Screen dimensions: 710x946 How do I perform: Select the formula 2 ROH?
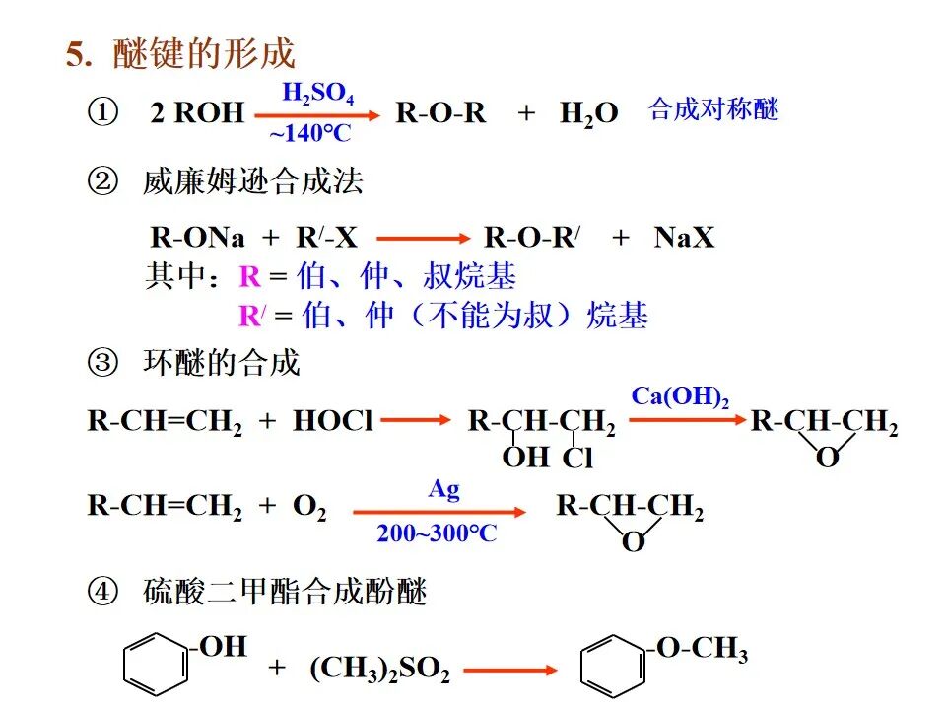click(x=197, y=113)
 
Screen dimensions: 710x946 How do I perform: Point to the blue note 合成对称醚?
click(x=713, y=109)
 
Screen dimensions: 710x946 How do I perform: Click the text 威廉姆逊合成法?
click(x=252, y=181)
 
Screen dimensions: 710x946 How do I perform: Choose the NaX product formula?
click(x=684, y=238)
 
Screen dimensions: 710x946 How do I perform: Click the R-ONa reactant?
click(x=198, y=238)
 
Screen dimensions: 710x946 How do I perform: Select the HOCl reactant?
click(x=333, y=423)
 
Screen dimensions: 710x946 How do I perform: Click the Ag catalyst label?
click(x=443, y=490)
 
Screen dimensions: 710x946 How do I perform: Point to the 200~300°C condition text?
click(x=437, y=533)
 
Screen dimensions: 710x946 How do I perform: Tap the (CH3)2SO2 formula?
click(x=380, y=670)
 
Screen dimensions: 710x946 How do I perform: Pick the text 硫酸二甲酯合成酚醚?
click(x=285, y=593)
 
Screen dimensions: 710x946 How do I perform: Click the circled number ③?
click(x=102, y=363)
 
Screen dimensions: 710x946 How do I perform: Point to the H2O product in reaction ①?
click(x=589, y=113)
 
